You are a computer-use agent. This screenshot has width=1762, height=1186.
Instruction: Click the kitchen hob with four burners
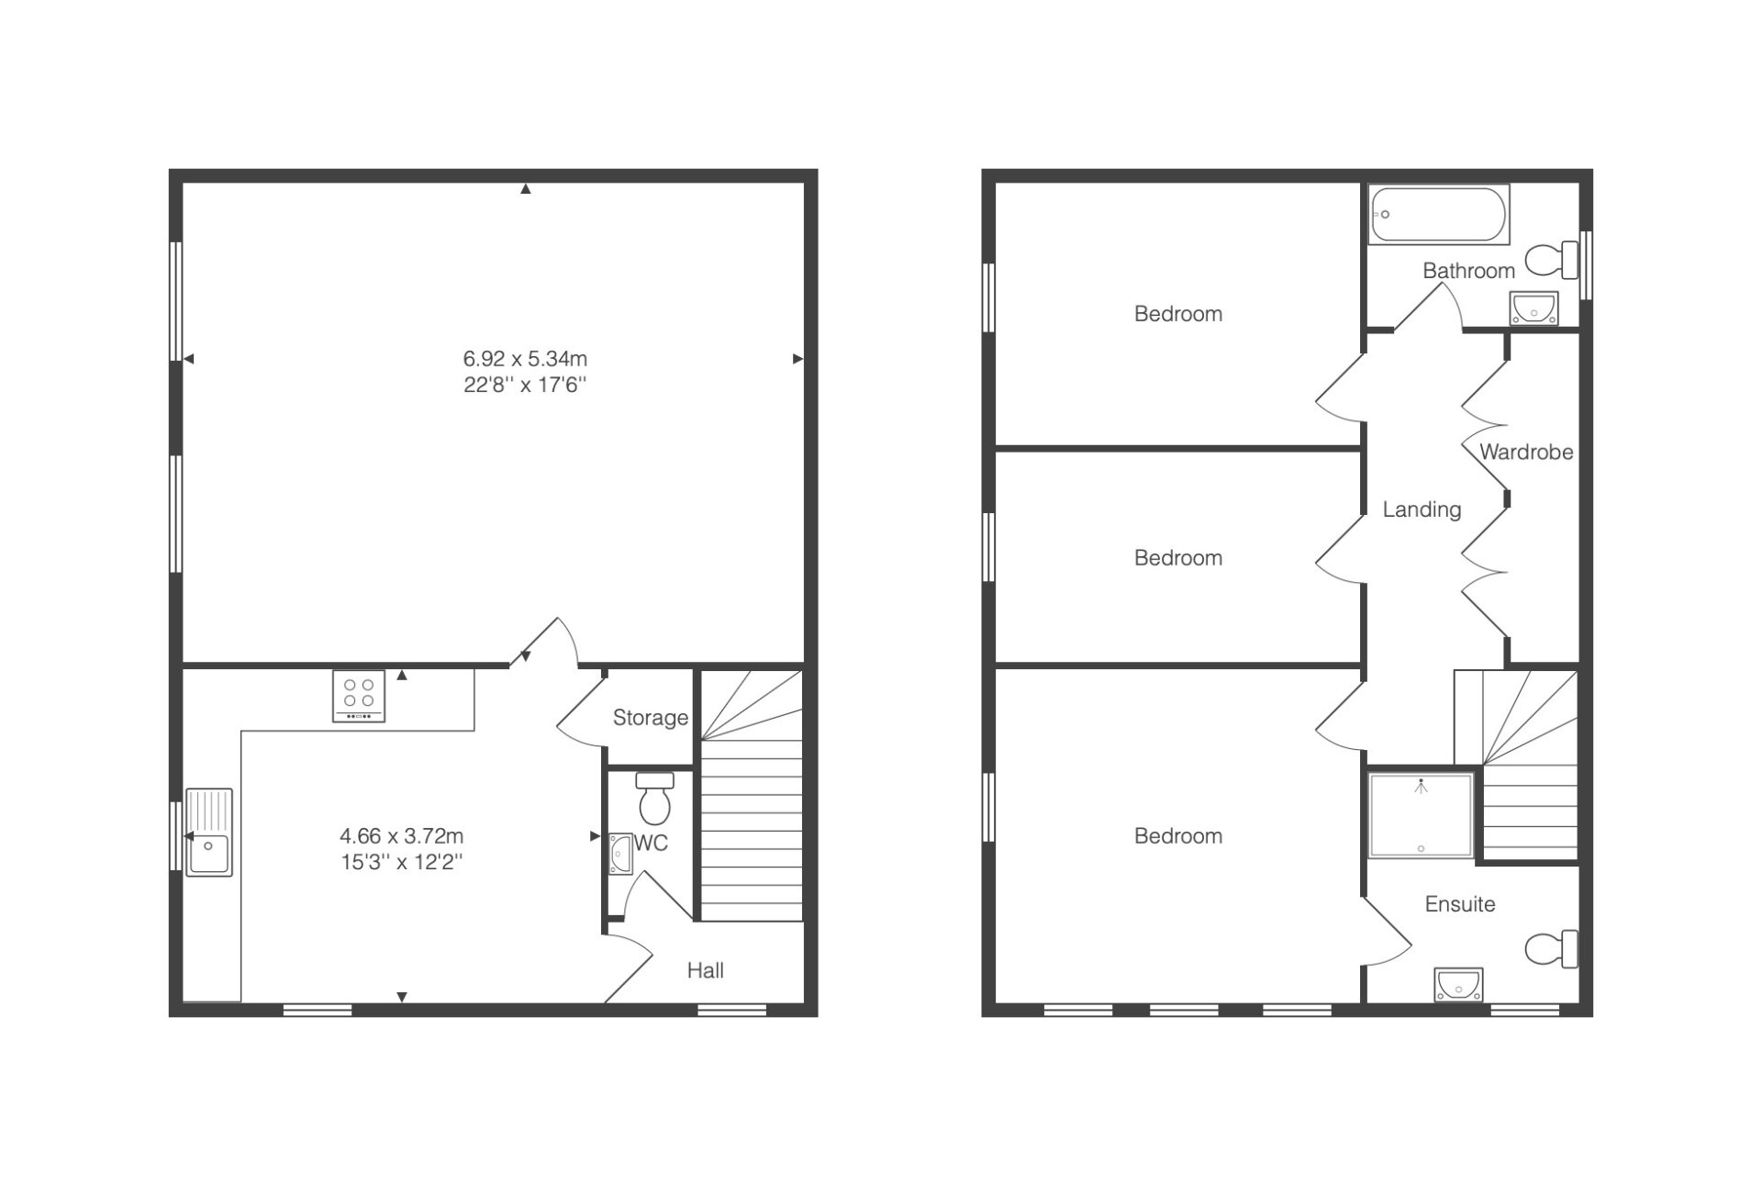pyautogui.click(x=359, y=697)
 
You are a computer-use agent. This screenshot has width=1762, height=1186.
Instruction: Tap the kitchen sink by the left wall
pyautogui.click(x=209, y=832)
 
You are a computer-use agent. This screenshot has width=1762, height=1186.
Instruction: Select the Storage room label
pyautogui.click(x=651, y=718)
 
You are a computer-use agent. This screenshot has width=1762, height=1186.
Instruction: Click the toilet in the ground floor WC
pyautogui.click(x=654, y=798)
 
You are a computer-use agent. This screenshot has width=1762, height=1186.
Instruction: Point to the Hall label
pyautogui.click(x=706, y=970)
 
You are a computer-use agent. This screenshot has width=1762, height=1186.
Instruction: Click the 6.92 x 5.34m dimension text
pyautogui.click(x=525, y=359)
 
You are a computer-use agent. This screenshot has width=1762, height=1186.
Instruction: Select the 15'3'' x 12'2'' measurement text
pyautogui.click(x=401, y=862)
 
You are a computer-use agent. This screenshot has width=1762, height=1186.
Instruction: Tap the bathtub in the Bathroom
pyautogui.click(x=1438, y=215)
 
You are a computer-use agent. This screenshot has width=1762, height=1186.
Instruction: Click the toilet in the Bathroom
pyautogui.click(x=1552, y=261)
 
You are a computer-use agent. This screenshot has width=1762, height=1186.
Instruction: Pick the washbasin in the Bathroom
pyautogui.click(x=1534, y=308)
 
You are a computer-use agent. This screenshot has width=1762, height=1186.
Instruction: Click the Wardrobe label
pyautogui.click(x=1526, y=452)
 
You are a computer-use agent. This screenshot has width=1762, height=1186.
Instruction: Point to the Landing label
pyautogui.click(x=1422, y=509)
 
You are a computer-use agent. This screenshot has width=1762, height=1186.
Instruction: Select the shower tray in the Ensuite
pyautogui.click(x=1422, y=815)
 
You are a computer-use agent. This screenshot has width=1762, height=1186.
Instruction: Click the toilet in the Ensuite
pyautogui.click(x=1552, y=948)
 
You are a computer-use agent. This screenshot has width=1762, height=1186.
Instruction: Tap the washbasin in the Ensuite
pyautogui.click(x=1459, y=985)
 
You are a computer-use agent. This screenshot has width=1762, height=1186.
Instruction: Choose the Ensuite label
pyautogui.click(x=1460, y=904)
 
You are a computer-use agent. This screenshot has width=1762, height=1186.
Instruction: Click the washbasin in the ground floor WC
pyautogui.click(x=620, y=853)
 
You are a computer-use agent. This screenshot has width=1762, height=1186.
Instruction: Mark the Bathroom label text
pyautogui.click(x=1468, y=271)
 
